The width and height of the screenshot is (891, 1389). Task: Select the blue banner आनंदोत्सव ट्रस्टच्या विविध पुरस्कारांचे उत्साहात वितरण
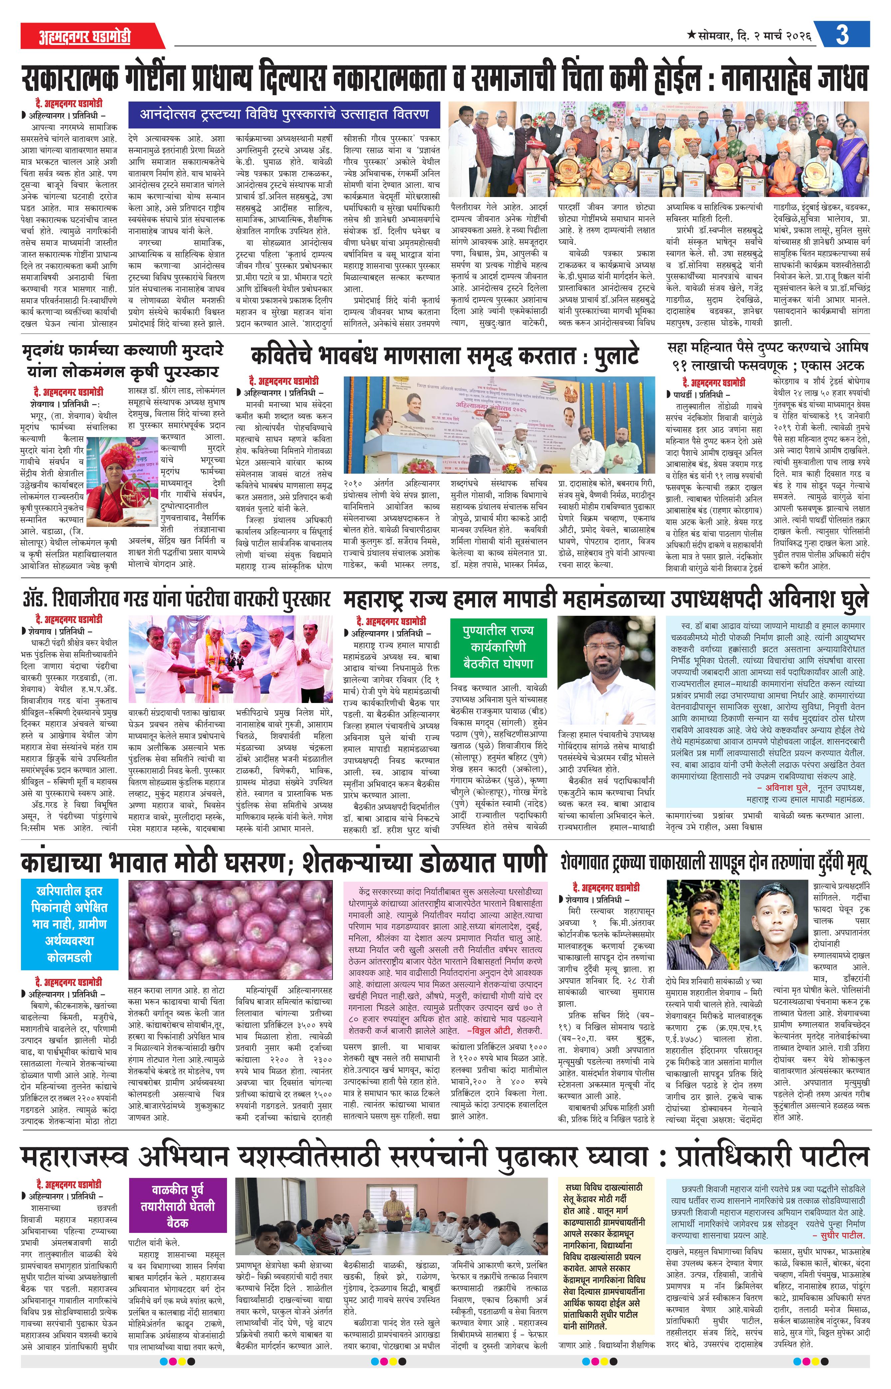[x=284, y=114]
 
